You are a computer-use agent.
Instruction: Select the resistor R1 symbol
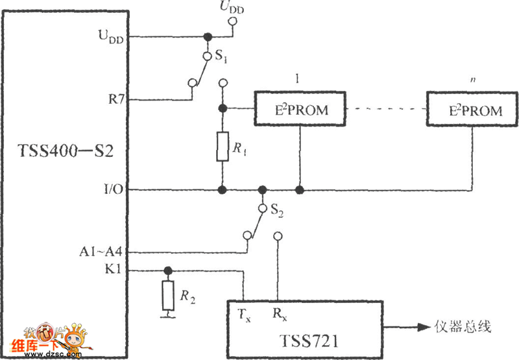223,148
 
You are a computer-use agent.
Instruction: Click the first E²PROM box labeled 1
300,110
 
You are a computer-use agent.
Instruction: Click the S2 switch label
278,210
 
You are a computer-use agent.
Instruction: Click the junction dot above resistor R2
168,270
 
